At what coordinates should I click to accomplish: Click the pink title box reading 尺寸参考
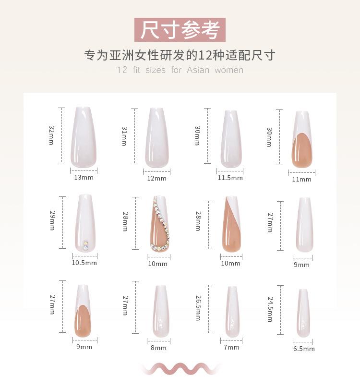[x=180, y=30]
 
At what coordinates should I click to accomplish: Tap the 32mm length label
[x=51, y=135]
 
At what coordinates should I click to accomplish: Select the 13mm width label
[x=84, y=178]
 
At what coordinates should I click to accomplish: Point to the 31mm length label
[x=124, y=136]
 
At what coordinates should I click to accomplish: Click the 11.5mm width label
[x=230, y=178]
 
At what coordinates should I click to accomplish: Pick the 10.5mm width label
[x=84, y=263]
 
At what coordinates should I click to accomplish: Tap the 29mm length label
[x=51, y=222]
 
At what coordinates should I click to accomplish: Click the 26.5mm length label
[x=197, y=308]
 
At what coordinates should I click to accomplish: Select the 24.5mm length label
[x=270, y=309]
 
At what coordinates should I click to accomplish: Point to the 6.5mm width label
[x=304, y=349]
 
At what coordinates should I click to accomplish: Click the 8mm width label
[x=158, y=348]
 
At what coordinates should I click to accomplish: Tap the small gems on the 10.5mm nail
[x=85, y=245]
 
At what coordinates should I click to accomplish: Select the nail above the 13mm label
[x=84, y=137]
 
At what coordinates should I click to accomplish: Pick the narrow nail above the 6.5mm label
[x=303, y=313]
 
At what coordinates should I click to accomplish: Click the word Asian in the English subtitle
[x=198, y=70]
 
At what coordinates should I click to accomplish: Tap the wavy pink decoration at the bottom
[x=180, y=368]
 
